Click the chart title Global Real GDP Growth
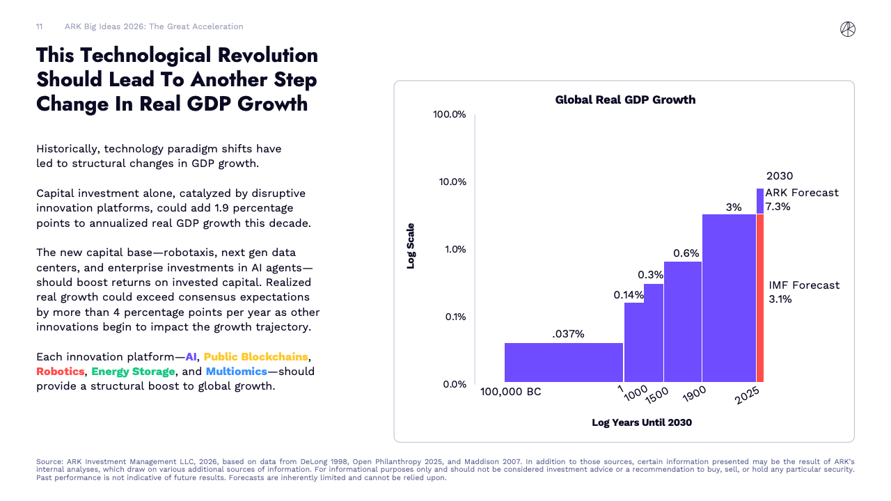click(x=625, y=100)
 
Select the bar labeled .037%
click(x=563, y=362)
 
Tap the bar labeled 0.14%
click(x=633, y=342)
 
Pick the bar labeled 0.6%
click(x=682, y=321)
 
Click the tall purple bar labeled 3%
click(x=729, y=298)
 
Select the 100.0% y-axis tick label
click(x=449, y=114)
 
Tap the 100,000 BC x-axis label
click(x=510, y=392)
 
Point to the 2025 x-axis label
click(x=748, y=396)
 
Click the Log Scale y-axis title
click(x=411, y=246)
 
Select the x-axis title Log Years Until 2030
click(x=642, y=422)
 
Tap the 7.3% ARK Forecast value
click(x=778, y=207)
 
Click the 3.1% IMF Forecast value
click(x=780, y=299)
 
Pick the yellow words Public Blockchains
click(x=255, y=357)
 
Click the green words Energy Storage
click(x=133, y=372)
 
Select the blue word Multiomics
click(x=237, y=372)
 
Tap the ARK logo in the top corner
click(x=847, y=29)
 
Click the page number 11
click(x=40, y=26)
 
